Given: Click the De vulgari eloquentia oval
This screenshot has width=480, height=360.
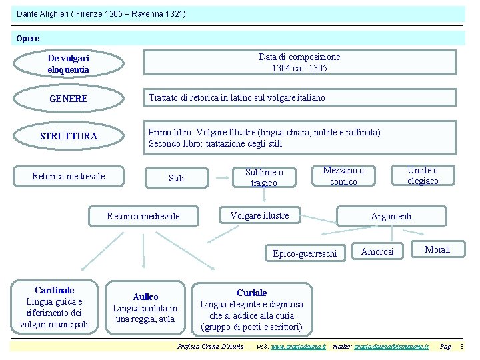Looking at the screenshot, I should tap(69, 63).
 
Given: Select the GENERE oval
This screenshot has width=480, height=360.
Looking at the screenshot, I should tap(69, 99).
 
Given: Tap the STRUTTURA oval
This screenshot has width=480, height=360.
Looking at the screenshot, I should tap(69, 136).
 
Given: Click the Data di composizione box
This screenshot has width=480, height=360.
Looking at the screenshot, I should tap(299, 62).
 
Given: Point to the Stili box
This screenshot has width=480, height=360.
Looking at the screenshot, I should tap(177, 178).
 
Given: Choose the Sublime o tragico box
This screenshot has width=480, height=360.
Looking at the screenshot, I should tap(264, 177).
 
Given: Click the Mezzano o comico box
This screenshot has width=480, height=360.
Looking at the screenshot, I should tap(343, 176).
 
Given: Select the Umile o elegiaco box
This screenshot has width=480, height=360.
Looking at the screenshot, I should tap(423, 175).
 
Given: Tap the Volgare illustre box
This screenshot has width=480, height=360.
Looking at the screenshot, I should tap(259, 215).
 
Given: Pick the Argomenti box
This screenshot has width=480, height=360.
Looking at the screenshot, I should tap(391, 216).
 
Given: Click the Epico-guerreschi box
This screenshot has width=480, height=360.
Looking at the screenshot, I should tap(305, 253).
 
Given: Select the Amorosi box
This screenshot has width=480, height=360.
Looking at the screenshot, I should tap(377, 251).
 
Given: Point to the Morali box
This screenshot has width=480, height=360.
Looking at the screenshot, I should tap(437, 249).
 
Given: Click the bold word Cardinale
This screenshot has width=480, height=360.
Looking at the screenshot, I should tap(55, 290).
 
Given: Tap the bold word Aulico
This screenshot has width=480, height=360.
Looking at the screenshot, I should tap(145, 297).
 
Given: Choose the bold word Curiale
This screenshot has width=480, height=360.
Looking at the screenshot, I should tap(252, 293).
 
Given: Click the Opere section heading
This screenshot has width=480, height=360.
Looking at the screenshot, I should tap(29, 38).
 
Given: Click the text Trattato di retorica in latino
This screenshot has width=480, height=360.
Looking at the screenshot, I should tap(199, 98).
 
